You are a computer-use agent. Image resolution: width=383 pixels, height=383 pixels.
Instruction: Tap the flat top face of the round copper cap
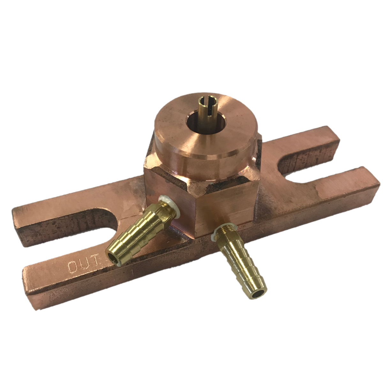[229, 127]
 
